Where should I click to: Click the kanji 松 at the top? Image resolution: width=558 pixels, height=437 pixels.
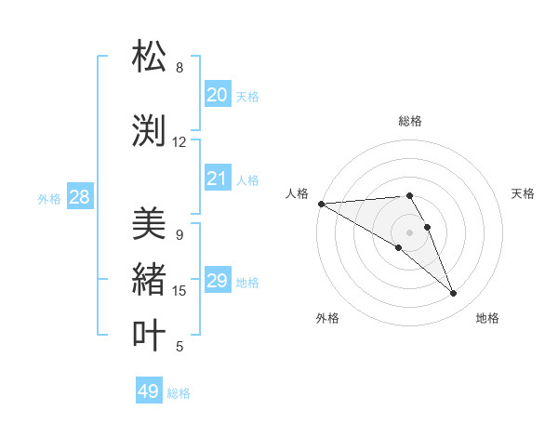[x=149, y=57]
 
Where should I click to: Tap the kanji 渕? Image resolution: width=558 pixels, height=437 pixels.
[x=149, y=131]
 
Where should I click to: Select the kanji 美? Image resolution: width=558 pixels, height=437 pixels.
[x=149, y=224]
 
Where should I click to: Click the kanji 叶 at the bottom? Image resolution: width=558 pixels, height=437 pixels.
[x=149, y=336]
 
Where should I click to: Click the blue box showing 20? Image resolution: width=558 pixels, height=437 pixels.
[x=217, y=95]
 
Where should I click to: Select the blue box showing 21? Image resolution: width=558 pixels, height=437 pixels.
[x=217, y=179]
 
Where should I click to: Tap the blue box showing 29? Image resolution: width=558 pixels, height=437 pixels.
[x=217, y=281]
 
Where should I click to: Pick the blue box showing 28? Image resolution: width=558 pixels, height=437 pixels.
[x=79, y=197]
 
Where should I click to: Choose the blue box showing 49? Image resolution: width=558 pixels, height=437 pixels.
[x=149, y=391]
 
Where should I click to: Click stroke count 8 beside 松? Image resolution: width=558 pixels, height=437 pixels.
[x=179, y=68]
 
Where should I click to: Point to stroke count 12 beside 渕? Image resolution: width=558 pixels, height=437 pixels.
[x=179, y=142]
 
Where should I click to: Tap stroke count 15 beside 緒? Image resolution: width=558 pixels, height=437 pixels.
[x=179, y=291]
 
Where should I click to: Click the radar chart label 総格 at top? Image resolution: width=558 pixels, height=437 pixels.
[x=409, y=121]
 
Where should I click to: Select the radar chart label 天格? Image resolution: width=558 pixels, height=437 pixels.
[x=524, y=193]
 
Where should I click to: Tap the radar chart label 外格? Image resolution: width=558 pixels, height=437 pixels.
[x=327, y=318]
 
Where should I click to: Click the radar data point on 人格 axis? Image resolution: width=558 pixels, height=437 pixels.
[x=321, y=204]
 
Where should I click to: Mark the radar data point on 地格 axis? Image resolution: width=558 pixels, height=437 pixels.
[x=453, y=294]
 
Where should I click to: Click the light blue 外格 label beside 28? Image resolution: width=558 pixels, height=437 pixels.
[x=49, y=198]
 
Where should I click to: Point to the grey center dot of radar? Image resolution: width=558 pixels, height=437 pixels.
[x=409, y=232]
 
